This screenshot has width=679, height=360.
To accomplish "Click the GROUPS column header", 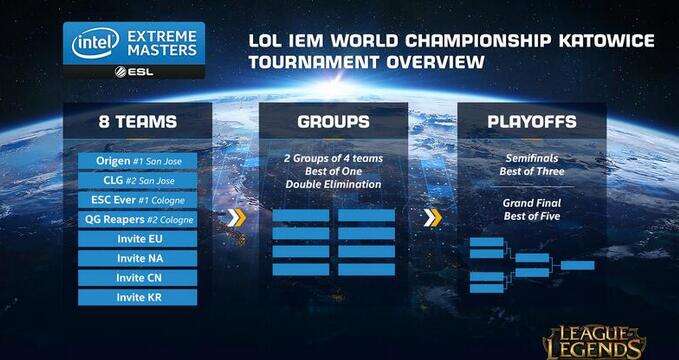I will tap(333, 122).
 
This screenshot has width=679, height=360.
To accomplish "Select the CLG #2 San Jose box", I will tap(137, 181).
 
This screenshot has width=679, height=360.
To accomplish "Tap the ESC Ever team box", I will tap(137, 200).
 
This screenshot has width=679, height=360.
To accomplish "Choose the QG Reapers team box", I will tap(137, 219).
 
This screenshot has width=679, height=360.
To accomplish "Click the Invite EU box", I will tap(137, 239).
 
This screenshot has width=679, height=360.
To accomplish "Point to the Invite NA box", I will tap(137, 258).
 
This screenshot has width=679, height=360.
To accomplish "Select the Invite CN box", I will tap(137, 277).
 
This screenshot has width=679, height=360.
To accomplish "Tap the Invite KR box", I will tap(137, 297).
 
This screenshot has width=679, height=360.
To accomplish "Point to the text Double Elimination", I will tap(333, 184).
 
